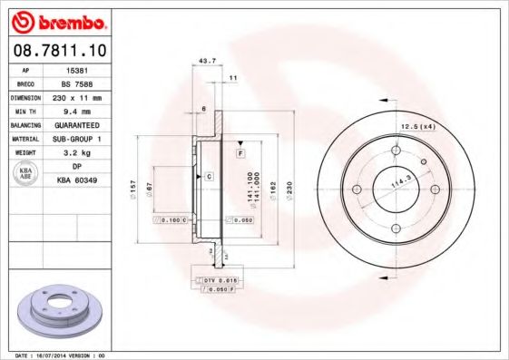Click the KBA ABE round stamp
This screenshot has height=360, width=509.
[25, 174]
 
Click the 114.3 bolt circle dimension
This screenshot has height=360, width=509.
[397, 186]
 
